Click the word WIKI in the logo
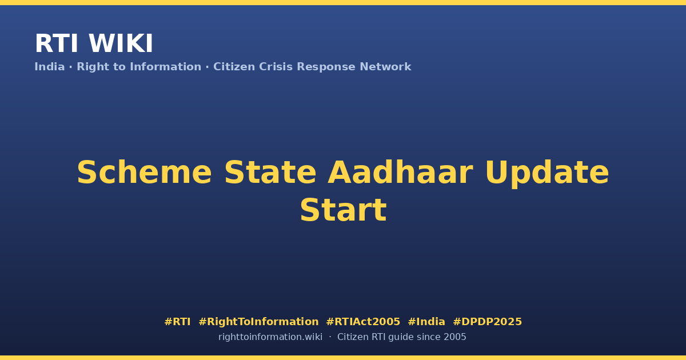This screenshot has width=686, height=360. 121,43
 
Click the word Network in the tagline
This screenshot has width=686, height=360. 385,67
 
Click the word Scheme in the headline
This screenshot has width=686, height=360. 144,173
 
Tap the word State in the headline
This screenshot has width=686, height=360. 270,173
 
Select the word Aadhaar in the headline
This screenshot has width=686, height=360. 401,173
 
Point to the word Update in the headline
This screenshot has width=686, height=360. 547,174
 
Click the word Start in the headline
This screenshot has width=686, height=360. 344,210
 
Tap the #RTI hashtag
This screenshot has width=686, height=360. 177,322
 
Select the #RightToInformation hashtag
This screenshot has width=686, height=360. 258,322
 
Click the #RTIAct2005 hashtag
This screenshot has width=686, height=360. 363,322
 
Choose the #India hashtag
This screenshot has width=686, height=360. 426,322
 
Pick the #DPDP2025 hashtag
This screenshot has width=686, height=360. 487,322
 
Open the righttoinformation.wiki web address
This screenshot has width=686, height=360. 270,337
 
